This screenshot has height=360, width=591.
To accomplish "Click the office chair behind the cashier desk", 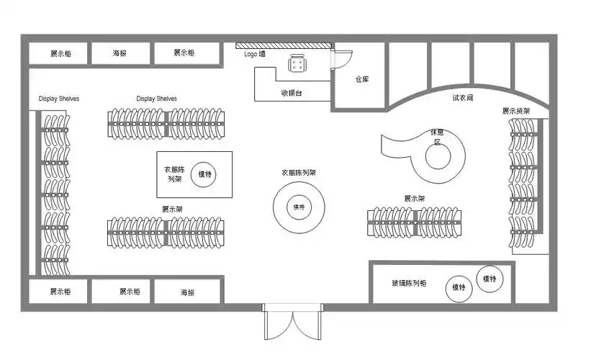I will tap(297, 64).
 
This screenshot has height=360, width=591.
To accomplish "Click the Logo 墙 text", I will tap(254, 54).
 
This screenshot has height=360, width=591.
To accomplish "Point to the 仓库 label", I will tap(362, 79).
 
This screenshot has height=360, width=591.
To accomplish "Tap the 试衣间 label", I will tap(463, 97).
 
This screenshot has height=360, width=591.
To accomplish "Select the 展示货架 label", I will tap(516, 111).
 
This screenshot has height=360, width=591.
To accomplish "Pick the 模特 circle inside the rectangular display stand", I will tap(205, 174).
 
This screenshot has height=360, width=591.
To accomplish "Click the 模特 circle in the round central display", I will tap(299, 207).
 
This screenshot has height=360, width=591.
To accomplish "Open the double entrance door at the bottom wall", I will tap(292, 323).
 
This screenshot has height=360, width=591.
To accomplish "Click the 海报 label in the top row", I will tap(121, 53).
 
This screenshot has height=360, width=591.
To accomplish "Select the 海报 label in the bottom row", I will tap(187, 292).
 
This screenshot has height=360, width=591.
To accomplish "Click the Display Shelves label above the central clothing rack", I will tap(156, 99).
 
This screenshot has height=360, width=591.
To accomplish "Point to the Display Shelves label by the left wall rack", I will tap(59, 99).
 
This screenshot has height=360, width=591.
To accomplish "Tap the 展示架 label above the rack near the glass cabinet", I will tap(415, 198).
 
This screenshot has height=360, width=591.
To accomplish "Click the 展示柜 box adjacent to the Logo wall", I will tap(185, 53).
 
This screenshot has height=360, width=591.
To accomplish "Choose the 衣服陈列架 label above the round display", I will tap(299, 174).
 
